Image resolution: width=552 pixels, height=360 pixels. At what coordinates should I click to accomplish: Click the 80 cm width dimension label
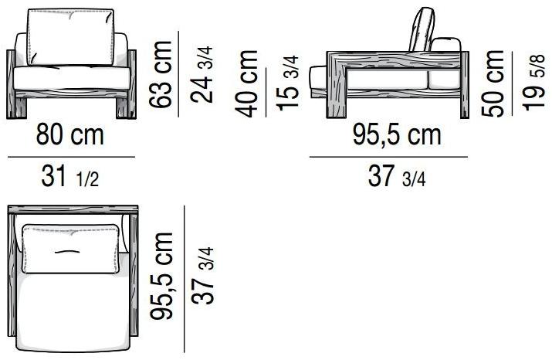point(70,134)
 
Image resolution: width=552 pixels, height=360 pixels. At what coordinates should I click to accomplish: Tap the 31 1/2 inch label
point(70,176)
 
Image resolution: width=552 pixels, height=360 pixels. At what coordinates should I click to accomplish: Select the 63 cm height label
point(160,74)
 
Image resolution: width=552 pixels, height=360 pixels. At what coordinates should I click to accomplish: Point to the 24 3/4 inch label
point(201,74)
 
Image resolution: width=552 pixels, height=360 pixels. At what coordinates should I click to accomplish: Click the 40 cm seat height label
point(246,84)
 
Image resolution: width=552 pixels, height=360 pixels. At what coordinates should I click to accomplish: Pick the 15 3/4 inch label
point(288,83)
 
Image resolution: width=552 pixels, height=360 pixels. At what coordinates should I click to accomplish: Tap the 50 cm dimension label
point(493,84)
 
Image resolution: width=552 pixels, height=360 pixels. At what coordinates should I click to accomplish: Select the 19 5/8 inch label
point(534,83)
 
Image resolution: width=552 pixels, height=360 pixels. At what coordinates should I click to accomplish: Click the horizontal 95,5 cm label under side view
point(397,134)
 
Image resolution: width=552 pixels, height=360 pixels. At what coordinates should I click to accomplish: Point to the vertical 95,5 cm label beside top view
point(161,276)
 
